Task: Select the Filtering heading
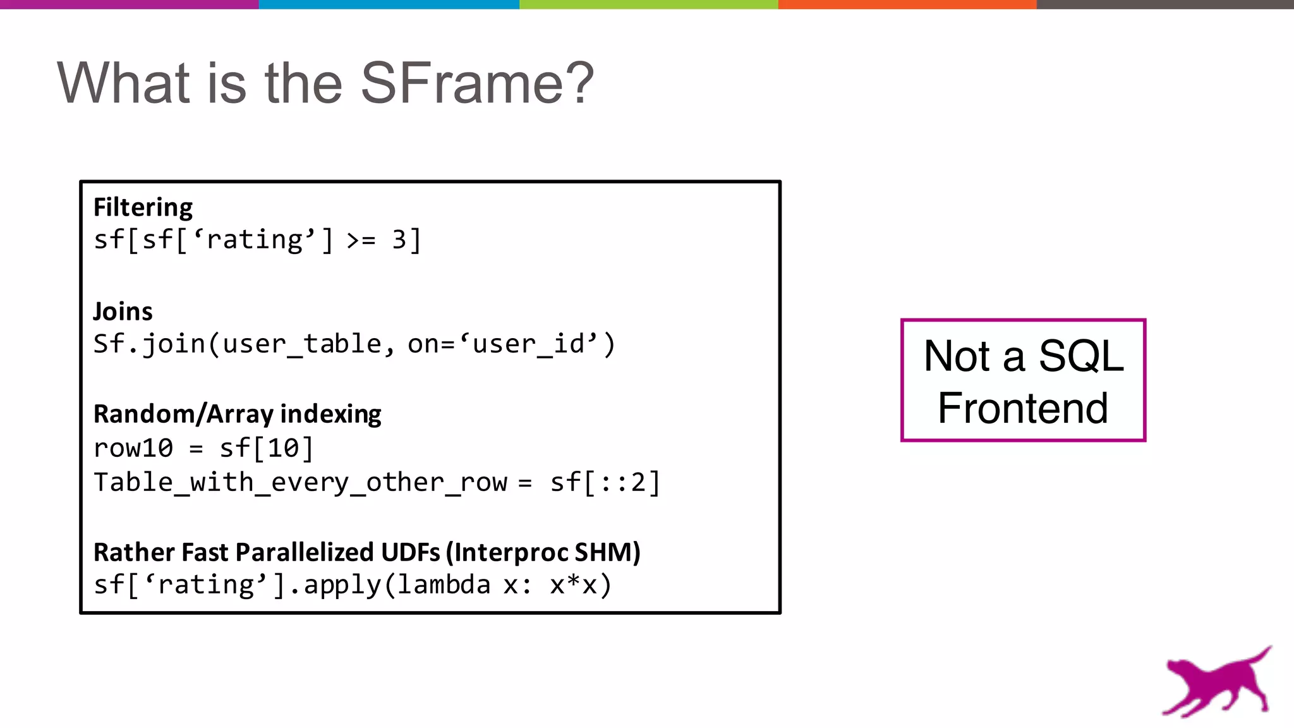(x=143, y=207)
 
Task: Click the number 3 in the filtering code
(x=399, y=240)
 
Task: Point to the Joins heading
(x=123, y=312)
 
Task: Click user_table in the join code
(x=302, y=344)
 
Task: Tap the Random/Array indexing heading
(x=237, y=414)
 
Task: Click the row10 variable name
(x=133, y=448)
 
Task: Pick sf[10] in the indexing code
(x=266, y=448)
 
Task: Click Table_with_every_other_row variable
(x=300, y=483)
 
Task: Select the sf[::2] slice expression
(x=605, y=483)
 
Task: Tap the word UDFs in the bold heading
(x=410, y=552)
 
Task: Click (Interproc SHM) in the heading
(x=543, y=552)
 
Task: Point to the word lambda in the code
(x=444, y=585)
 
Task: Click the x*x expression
(x=580, y=585)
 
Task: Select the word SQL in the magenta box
(x=1081, y=356)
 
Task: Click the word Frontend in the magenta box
(x=1022, y=408)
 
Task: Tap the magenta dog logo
(x=1216, y=682)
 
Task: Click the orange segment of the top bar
(x=907, y=4)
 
